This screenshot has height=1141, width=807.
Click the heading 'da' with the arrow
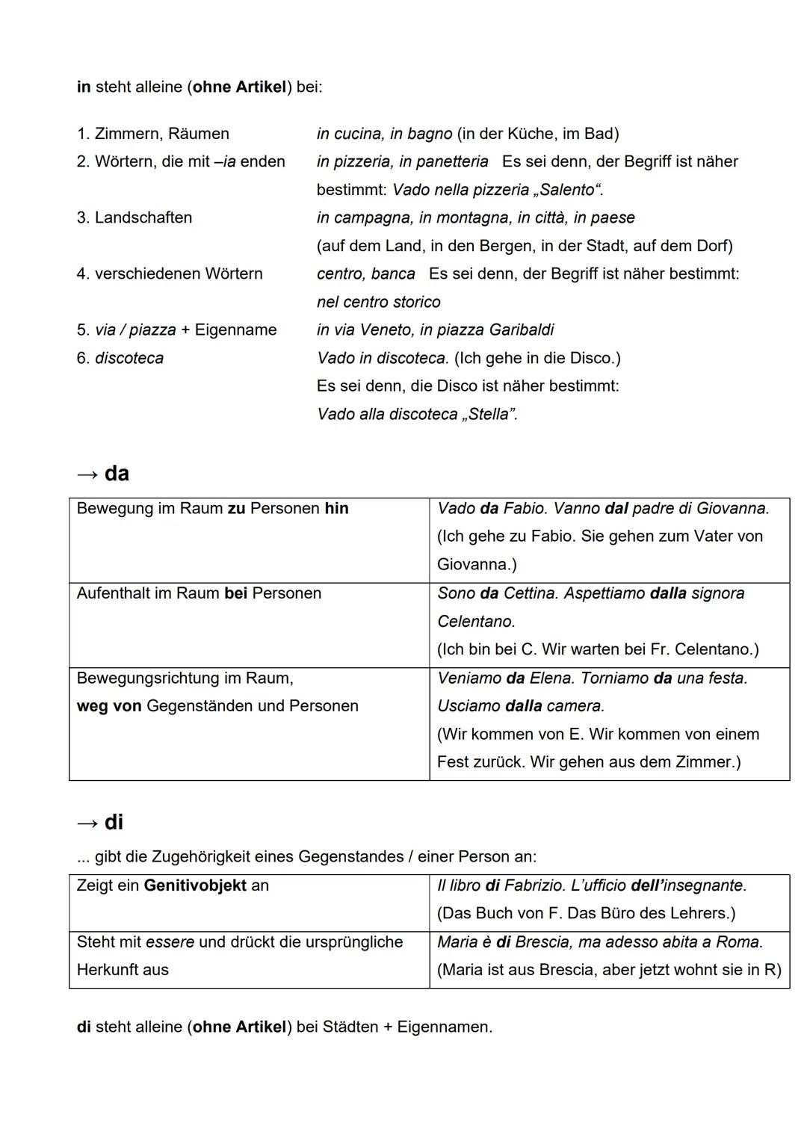point(103,474)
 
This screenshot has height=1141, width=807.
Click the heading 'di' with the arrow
point(101,823)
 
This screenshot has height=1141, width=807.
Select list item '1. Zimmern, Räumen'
point(152,134)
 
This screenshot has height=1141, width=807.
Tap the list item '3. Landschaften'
point(134,217)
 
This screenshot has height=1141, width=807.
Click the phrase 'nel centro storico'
point(378,302)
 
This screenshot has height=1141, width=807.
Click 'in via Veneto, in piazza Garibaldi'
point(435,330)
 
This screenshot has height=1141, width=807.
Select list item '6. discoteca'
point(120,358)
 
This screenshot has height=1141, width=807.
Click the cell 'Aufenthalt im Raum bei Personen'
point(199,593)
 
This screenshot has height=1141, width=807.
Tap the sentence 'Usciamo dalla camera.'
point(520,706)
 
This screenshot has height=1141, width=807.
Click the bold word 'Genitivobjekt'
point(195,885)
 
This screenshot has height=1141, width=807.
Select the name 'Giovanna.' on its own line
point(477,564)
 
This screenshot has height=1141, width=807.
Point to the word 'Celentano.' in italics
point(476,622)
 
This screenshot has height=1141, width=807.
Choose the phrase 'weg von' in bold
point(109,706)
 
